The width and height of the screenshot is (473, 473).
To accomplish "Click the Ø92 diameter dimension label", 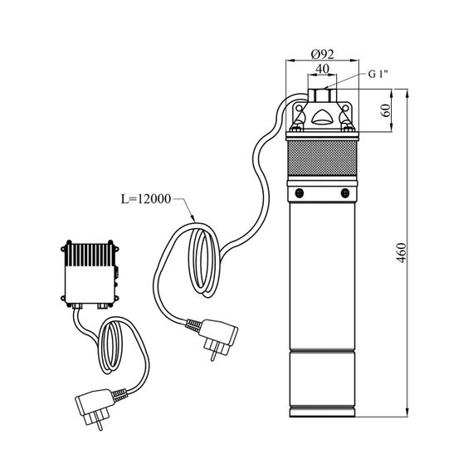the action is (323, 54).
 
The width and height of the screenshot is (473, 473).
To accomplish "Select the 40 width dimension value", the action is (322, 69).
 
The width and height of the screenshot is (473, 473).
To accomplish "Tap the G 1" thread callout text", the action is (378, 74).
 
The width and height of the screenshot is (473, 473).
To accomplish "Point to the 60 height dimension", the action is (386, 110).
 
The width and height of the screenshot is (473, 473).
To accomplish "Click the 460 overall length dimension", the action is (401, 253).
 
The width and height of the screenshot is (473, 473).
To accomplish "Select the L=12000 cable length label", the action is (146, 199).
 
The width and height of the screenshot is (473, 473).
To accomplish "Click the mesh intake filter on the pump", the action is (322, 158).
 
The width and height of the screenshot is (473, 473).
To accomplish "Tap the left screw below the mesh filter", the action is (299, 193).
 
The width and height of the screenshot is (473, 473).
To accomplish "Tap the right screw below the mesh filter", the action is (345, 193).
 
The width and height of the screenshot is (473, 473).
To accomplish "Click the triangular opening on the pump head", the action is (322, 117).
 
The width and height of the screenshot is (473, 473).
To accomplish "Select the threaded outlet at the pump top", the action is (322, 95).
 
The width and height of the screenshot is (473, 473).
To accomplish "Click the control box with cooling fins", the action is (90, 273).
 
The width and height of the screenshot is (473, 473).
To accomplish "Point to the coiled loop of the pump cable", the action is (202, 261).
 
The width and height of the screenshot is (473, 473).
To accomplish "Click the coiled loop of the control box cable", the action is (110, 347).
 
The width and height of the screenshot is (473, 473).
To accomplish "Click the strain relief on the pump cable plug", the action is (193, 325).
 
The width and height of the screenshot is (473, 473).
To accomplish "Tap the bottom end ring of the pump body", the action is (322, 412).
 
